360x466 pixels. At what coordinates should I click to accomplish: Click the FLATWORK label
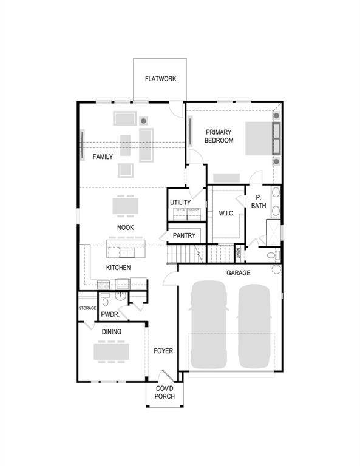[x=160, y=78]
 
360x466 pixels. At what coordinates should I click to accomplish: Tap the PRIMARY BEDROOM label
[x=219, y=136]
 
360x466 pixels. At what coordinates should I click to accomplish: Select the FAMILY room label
[x=103, y=157]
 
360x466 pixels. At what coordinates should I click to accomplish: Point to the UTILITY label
[x=180, y=203]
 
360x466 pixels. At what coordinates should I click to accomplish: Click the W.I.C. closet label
[x=226, y=213]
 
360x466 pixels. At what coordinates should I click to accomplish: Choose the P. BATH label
[x=259, y=202]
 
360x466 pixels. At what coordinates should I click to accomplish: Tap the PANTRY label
[x=184, y=235]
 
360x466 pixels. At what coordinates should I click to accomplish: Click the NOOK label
[x=126, y=228]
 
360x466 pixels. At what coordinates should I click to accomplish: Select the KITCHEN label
[x=118, y=268]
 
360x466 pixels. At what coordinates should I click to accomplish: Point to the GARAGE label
[x=239, y=273]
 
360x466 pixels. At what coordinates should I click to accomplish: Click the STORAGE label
[x=87, y=308]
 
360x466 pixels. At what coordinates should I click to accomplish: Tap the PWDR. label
[x=110, y=314]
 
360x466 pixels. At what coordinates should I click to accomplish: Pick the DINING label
[x=111, y=331]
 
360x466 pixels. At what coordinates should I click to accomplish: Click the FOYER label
[x=163, y=351]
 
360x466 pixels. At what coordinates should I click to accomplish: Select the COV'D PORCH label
[x=165, y=392]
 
